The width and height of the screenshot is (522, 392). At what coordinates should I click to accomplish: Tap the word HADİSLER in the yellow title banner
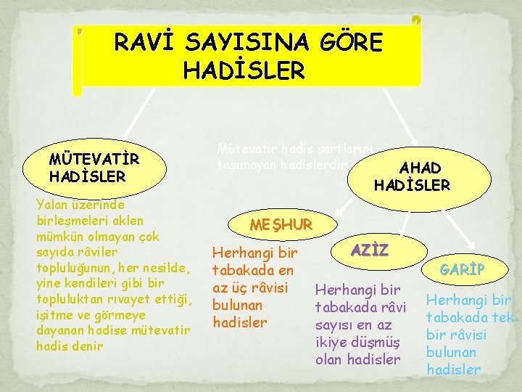244,71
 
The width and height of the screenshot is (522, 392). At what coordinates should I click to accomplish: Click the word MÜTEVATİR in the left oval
94,159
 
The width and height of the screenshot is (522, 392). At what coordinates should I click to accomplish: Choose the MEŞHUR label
281,224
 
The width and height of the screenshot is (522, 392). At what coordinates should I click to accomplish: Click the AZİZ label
370,250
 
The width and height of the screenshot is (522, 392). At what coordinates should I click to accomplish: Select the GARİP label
463,270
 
